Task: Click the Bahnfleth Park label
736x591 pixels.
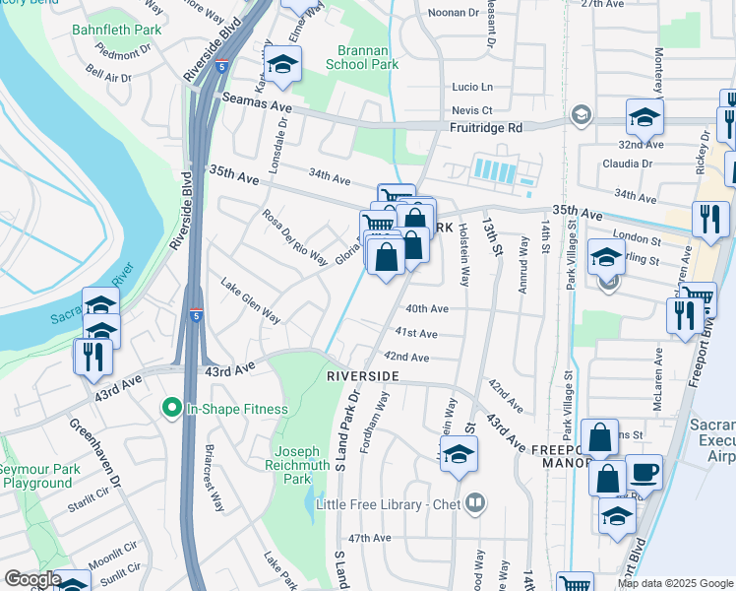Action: pyautogui.click(x=116, y=30)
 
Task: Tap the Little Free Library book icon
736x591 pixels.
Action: pyautogui.click(x=476, y=503)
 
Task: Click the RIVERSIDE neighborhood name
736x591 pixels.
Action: pyautogui.click(x=363, y=377)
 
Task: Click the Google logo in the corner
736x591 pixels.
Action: pyautogui.click(x=32, y=579)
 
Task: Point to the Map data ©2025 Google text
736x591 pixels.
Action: pyautogui.click(x=674, y=583)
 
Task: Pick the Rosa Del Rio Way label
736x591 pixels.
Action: pyautogui.click(x=294, y=236)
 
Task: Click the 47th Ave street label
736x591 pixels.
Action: pyautogui.click(x=370, y=538)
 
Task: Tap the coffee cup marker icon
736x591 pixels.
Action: pyautogui.click(x=644, y=472)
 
